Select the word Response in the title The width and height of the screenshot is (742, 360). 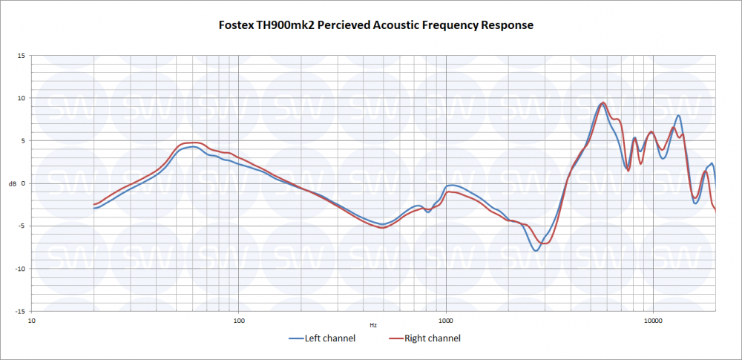[508, 25]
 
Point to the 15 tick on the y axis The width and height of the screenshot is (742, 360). [21, 56]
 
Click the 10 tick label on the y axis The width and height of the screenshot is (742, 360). [21, 98]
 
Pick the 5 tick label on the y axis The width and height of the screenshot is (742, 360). [22, 141]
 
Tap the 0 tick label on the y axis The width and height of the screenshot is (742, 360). [22, 183]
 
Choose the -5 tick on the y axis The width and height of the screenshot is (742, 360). [22, 226]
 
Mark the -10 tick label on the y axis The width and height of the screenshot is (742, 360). [20, 269]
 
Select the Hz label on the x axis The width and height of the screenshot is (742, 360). [372, 325]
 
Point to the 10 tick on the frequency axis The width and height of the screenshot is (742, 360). [32, 321]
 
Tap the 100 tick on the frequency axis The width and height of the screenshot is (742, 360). [239, 321]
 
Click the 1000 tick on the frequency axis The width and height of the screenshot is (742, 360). [446, 321]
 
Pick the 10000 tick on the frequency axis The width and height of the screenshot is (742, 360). [653, 321]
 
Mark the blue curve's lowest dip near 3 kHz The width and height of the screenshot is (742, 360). [536, 250]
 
